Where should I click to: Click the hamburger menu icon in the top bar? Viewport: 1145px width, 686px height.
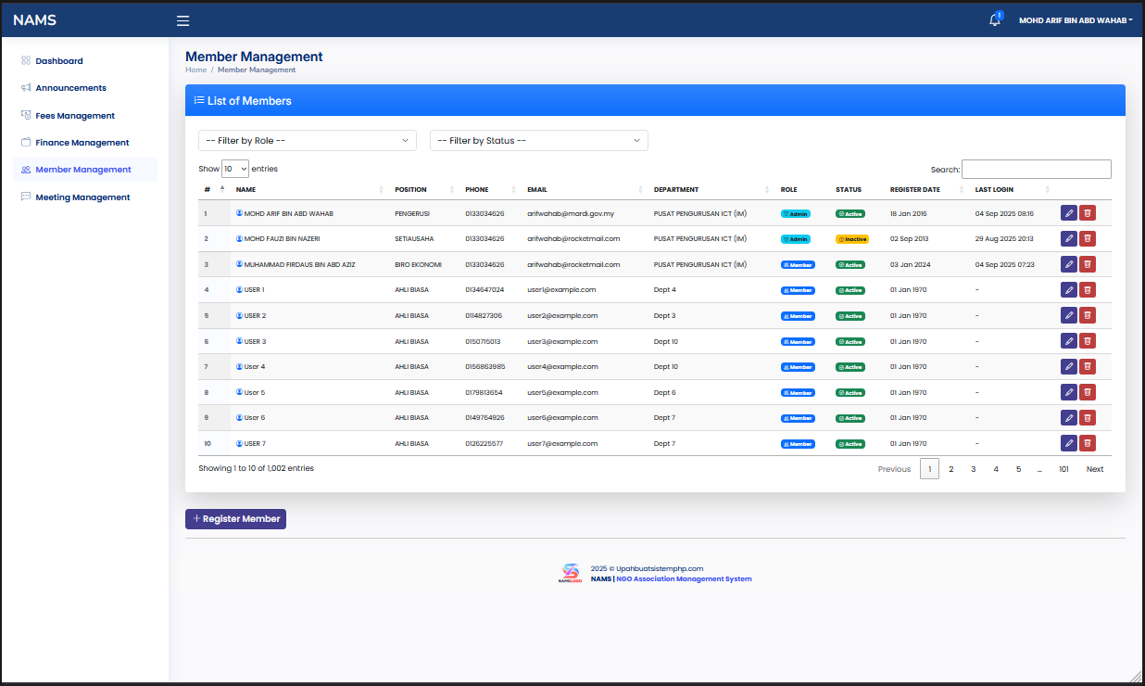pos(182,20)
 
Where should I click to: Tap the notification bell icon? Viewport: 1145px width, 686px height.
pos(995,20)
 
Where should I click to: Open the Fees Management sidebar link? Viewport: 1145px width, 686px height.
pos(75,116)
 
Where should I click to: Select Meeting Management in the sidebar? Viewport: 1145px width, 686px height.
pos(82,197)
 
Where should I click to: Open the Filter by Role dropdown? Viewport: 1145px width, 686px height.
pos(308,141)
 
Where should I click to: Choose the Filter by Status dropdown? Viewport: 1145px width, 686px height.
pos(539,141)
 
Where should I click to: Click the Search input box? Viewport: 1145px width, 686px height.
pos(1036,170)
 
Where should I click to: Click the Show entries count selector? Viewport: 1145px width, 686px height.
pos(235,169)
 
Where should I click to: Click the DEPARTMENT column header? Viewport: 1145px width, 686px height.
pos(675,190)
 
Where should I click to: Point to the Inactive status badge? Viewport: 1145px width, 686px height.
pos(851,239)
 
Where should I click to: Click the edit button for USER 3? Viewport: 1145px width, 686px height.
pos(1068,341)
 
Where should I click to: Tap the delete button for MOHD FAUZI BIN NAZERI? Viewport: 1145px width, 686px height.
pos(1088,238)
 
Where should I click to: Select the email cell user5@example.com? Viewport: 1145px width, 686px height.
pos(562,392)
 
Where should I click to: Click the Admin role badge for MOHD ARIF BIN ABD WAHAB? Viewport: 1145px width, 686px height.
pos(796,214)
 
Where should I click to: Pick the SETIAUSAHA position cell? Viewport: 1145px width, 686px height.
pos(414,239)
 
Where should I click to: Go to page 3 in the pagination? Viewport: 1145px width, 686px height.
pos(974,469)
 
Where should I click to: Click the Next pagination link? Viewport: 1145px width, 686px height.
pos(1094,469)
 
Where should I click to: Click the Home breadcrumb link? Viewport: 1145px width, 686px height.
pos(195,70)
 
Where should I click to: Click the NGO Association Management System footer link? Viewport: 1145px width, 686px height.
pos(684,579)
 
